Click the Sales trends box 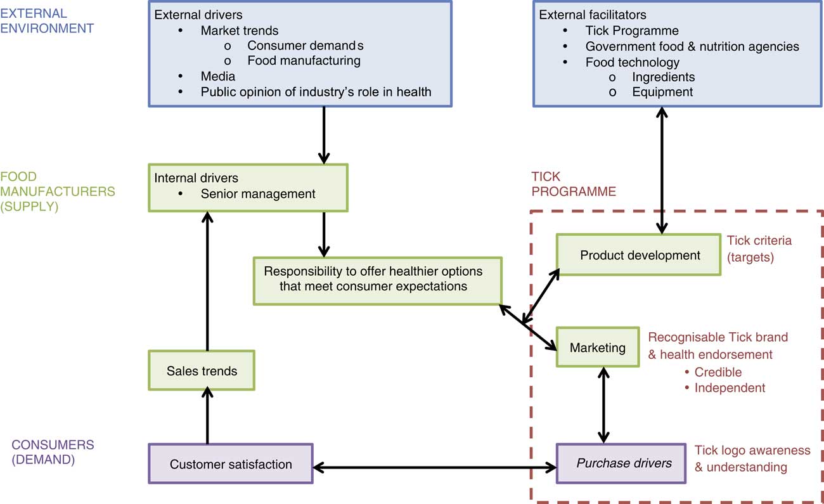(201, 371)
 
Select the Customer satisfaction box (231, 464)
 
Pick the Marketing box (597, 347)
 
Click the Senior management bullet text (258, 194)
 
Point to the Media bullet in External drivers (218, 76)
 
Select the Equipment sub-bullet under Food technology (662, 92)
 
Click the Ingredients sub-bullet (663, 77)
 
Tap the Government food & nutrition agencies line (692, 46)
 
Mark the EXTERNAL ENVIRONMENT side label (47, 21)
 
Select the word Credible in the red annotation (718, 372)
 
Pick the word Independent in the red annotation (730, 387)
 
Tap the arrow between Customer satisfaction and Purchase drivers (435, 468)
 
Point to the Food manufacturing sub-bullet (304, 61)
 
